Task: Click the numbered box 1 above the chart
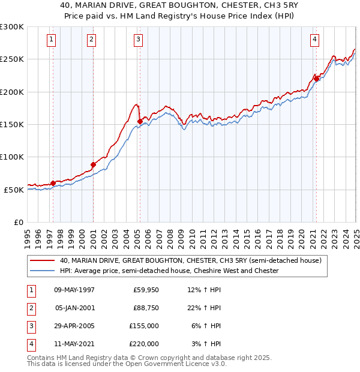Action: [52, 40]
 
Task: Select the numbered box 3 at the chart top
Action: [139, 40]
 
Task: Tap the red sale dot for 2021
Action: [316, 78]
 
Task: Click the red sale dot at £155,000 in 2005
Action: [140, 121]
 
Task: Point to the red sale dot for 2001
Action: [93, 164]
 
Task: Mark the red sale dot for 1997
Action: [53, 183]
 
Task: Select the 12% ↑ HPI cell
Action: [204, 290]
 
